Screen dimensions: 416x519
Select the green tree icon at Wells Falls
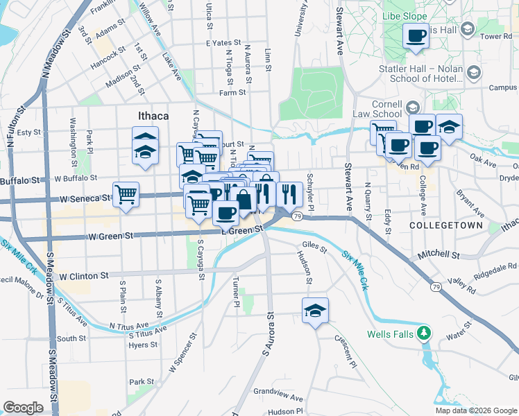[423, 334]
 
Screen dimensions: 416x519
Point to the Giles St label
[315, 246]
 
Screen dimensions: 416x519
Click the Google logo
[23, 408]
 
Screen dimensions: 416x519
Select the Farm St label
[232, 92]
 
